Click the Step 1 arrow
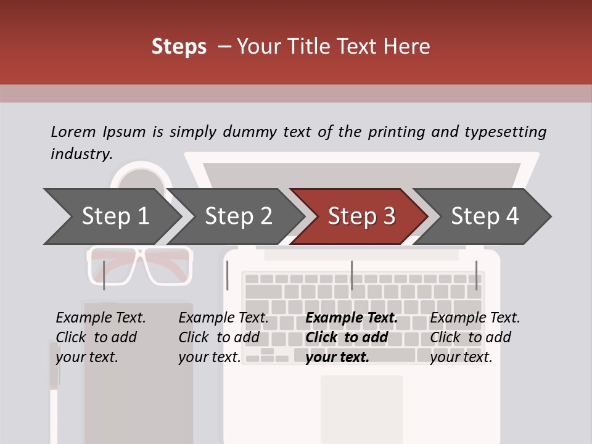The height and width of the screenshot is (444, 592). (115, 216)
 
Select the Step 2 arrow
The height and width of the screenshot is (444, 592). (238, 216)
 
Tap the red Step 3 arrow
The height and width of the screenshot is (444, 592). (361, 216)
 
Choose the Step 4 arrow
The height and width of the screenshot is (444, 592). (485, 216)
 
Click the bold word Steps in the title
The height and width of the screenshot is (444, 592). (179, 47)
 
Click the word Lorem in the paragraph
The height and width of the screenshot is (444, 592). (73, 132)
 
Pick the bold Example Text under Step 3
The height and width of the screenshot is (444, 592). (351, 318)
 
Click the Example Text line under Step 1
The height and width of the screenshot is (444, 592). (101, 318)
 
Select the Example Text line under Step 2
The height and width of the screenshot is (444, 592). (223, 318)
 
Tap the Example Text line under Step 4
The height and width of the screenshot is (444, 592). (475, 318)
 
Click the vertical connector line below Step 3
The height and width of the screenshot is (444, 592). (351, 275)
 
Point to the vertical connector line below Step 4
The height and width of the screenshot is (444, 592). (476, 275)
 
